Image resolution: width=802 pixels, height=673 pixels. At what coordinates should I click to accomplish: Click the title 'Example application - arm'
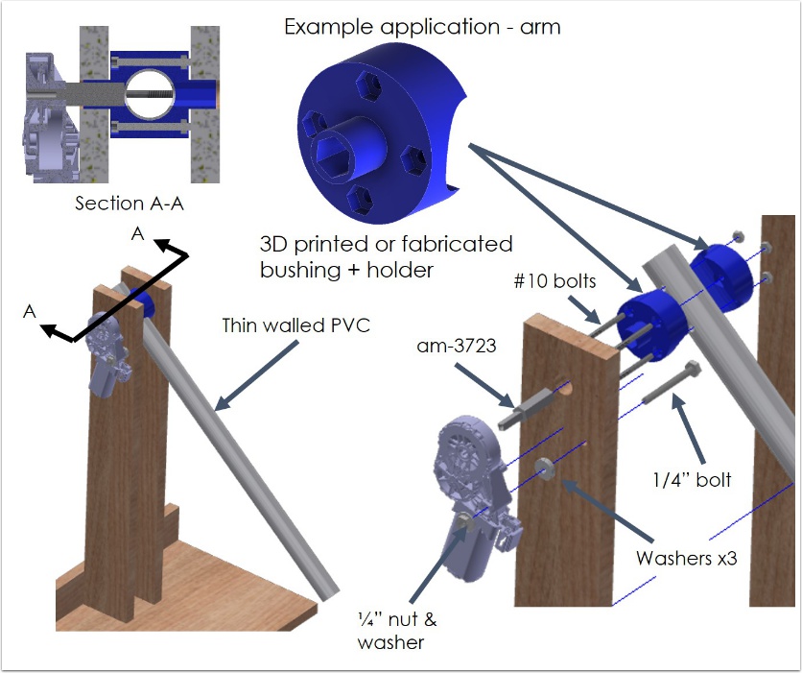[x=422, y=26]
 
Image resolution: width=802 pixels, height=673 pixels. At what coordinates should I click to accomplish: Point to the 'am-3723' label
[x=459, y=344]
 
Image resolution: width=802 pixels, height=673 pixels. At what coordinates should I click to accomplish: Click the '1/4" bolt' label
[x=693, y=478]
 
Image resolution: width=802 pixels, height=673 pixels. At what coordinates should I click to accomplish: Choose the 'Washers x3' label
[x=686, y=558]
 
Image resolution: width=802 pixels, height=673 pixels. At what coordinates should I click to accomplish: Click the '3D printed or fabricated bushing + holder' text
[x=386, y=256]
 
